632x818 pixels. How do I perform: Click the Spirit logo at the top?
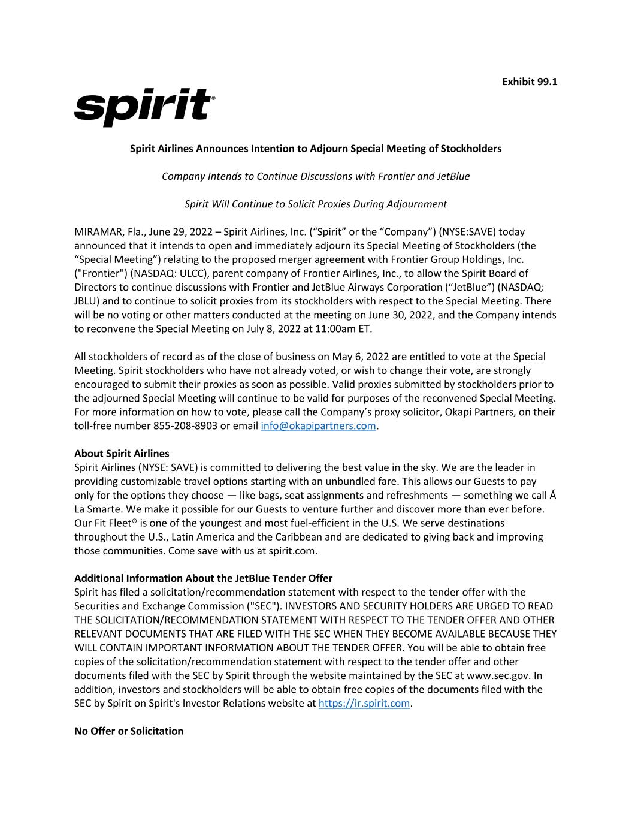144,107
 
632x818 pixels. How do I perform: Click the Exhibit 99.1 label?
530,82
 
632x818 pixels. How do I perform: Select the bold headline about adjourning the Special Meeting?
316,149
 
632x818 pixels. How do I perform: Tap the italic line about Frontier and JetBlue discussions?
316,176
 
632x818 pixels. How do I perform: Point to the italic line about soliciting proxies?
316,204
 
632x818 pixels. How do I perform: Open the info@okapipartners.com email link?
318,426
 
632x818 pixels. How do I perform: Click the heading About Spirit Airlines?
122,454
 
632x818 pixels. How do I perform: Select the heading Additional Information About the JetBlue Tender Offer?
203,578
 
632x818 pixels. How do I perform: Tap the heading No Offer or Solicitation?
129,731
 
